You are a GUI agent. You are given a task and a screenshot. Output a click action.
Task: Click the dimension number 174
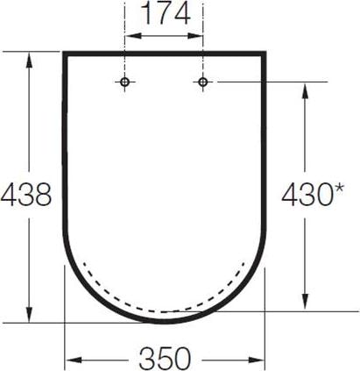coord(166,14)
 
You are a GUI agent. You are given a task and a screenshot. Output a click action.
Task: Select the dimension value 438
coord(26,195)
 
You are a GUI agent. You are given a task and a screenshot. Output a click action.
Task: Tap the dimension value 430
coord(307,194)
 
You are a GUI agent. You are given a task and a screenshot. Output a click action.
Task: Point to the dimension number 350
coord(165,359)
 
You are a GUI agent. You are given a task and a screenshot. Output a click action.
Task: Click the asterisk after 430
coord(338,189)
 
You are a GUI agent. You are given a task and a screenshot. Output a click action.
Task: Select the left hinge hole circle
coord(124,82)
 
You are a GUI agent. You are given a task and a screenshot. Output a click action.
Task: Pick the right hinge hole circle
coord(203,82)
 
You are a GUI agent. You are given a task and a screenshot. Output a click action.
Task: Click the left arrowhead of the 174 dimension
coord(133,36)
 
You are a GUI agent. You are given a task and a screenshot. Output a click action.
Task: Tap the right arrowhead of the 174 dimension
coord(194,36)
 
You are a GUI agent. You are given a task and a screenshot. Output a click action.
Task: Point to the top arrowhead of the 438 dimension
coord(29,61)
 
